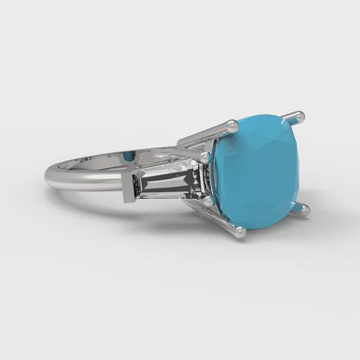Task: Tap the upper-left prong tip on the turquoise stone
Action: (x=233, y=126)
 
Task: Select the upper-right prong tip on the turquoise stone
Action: (x=299, y=114)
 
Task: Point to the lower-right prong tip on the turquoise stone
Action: (x=304, y=208)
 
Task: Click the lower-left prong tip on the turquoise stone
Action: (x=240, y=231)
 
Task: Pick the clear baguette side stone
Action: (x=170, y=182)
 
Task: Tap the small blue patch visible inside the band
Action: (x=129, y=155)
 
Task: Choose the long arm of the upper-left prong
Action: (x=204, y=134)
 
